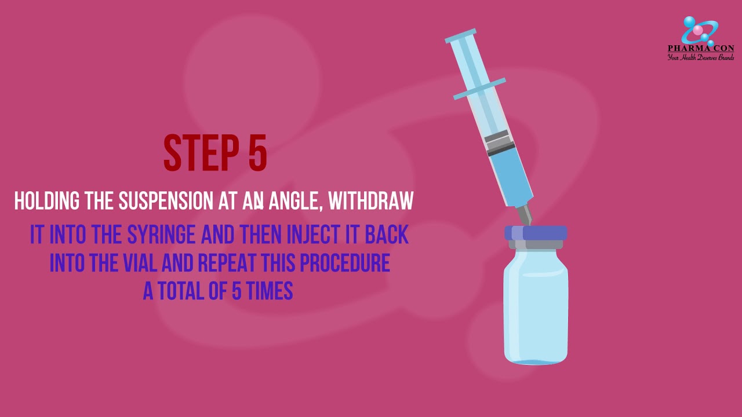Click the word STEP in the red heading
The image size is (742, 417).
pyautogui.click(x=201, y=153)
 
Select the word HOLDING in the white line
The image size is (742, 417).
pyautogui.click(x=47, y=200)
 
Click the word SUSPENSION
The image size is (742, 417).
pyautogui.click(x=166, y=200)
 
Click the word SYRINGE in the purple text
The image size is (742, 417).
pyautogui.click(x=161, y=235)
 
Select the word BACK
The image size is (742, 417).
pyautogui.click(x=387, y=235)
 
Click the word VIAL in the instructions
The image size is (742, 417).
pyautogui.click(x=140, y=263)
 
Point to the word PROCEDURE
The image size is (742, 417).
pyautogui.click(x=345, y=263)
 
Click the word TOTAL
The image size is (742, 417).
pyautogui.click(x=180, y=291)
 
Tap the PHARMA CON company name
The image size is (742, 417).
pyautogui.click(x=701, y=48)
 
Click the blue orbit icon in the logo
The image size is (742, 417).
pyautogui.click(x=700, y=31)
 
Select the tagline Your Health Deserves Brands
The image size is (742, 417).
pyautogui.click(x=701, y=57)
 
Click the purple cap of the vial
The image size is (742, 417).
pyautogui.click(x=536, y=233)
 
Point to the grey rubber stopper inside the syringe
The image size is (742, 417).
pyautogui.click(x=500, y=143)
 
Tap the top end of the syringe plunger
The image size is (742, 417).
pyautogui.click(x=460, y=36)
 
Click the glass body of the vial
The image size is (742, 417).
pyautogui.click(x=536, y=306)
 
